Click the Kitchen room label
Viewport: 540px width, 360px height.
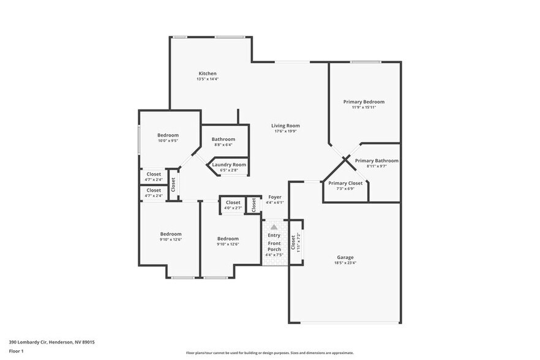208,73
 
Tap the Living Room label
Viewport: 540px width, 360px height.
286,126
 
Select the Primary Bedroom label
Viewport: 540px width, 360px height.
364,102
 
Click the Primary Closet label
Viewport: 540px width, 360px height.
345,183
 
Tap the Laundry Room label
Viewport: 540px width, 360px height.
229,164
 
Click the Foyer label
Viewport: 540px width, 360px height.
274,197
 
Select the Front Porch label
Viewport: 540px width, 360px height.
274,247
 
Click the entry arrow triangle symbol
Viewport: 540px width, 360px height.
274,227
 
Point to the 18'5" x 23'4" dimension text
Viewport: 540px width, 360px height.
345,263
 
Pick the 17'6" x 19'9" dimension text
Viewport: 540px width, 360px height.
286,131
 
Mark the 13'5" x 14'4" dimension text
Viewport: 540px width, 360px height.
208,79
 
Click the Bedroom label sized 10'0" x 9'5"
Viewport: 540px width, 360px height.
168,135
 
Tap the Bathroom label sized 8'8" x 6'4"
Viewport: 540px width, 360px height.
223,139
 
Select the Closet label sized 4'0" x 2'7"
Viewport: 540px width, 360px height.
233,203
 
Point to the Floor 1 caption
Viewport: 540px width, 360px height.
16,351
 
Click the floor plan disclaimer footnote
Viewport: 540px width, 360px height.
269,353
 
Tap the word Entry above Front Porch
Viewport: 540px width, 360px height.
274,235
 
